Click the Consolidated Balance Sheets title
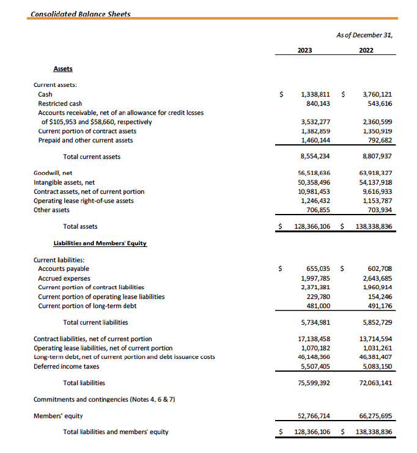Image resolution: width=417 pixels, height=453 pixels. [x=80, y=13]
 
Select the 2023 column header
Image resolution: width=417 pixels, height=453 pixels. [x=304, y=51]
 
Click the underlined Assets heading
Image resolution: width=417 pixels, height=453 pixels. [x=62, y=69]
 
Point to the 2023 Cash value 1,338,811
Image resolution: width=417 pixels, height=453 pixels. [x=316, y=95]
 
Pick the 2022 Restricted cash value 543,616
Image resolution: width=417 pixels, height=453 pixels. [x=377, y=104]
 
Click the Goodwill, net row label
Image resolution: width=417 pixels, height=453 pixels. [x=53, y=173]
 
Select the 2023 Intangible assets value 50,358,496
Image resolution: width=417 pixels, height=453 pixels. [x=314, y=182]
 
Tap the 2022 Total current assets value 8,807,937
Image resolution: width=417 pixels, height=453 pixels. [x=376, y=157]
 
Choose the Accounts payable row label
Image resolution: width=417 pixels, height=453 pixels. [x=64, y=268]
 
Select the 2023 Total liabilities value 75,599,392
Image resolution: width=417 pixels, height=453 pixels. [x=314, y=383]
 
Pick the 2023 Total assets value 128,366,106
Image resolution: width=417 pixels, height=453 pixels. [x=312, y=226]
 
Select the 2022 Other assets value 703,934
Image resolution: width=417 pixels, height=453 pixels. [x=377, y=210]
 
